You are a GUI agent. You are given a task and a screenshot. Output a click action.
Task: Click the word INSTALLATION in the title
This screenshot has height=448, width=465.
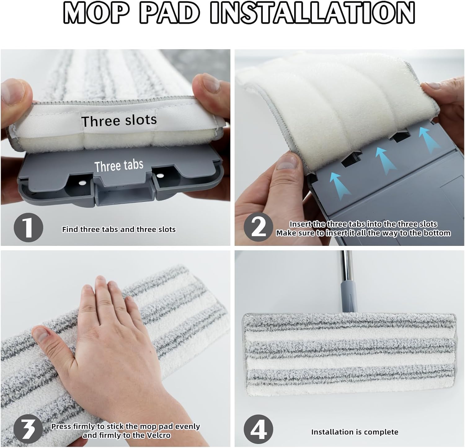tap(312, 13)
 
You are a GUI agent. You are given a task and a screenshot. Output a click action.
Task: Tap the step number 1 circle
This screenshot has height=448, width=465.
tap(28, 228)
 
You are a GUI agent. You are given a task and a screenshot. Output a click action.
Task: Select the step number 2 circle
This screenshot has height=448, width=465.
tap(259, 228)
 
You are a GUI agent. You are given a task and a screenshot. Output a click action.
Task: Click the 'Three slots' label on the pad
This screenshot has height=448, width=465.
tap(119, 120)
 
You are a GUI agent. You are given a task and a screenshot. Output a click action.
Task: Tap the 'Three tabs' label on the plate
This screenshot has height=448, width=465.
tap(119, 166)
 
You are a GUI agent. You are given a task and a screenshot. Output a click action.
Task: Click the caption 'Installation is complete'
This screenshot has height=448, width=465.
tap(355, 432)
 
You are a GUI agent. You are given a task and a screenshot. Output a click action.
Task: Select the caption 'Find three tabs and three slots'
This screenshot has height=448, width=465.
tap(119, 229)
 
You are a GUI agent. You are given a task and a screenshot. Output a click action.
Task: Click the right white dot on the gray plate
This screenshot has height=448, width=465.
tap(160, 175)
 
